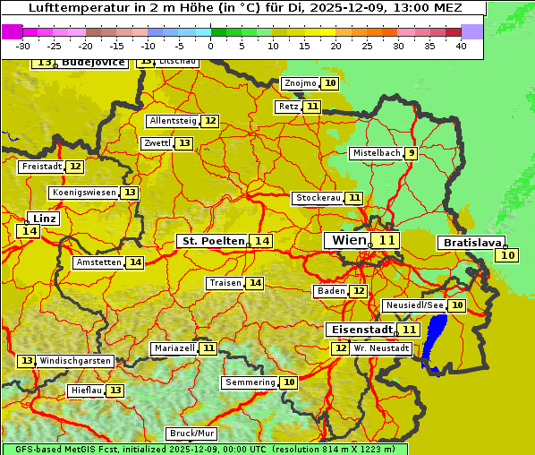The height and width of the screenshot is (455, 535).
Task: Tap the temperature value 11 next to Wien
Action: [386, 240]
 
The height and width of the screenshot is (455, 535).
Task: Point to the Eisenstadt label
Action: [359, 330]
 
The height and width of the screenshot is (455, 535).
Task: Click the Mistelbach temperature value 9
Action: [411, 153]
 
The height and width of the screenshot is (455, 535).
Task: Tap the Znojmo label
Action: [300, 83]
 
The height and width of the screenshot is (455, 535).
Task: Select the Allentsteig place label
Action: [173, 121]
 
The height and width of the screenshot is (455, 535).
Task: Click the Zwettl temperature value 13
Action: [183, 143]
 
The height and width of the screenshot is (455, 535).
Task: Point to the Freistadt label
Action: [41, 167]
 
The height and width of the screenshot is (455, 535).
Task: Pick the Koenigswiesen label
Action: [83, 193]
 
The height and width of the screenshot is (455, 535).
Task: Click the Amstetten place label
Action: [98, 262]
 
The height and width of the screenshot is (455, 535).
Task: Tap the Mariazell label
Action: [174, 348]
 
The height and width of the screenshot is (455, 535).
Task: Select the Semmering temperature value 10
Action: [288, 382]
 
